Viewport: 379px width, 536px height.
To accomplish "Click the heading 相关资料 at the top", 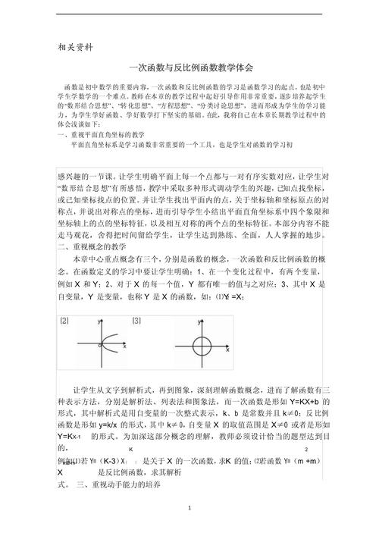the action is (x=76, y=46).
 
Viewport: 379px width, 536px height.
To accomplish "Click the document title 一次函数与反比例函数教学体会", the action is (x=189, y=67).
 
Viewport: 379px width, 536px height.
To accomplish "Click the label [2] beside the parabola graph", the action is (x=64, y=321).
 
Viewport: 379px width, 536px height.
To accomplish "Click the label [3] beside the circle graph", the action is (x=136, y=321).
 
